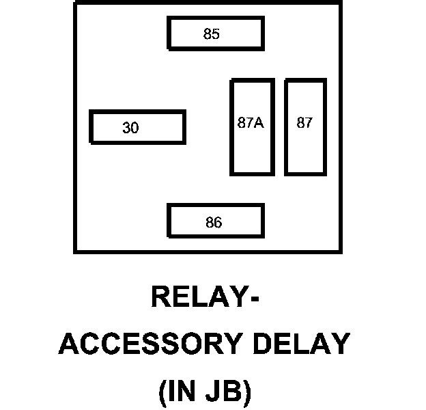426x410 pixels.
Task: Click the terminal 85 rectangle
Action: [x=216, y=33]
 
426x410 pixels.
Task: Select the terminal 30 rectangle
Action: [x=137, y=127]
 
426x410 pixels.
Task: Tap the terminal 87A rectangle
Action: [x=252, y=127]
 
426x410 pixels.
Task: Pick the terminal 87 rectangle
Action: [x=305, y=127]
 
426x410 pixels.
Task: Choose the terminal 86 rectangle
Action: [x=216, y=221]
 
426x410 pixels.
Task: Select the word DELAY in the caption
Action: [x=296, y=344]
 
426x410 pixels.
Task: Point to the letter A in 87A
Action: [x=259, y=123]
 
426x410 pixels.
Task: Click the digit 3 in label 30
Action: [x=126, y=128]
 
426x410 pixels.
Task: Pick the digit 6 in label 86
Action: [x=218, y=222]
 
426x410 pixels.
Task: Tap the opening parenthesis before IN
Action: [x=162, y=392]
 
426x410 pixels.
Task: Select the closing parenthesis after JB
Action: [x=248, y=392]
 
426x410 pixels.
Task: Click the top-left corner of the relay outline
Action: [x=75, y=2]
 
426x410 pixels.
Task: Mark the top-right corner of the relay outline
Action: [x=339, y=2]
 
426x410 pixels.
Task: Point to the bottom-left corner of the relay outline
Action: [x=75, y=251]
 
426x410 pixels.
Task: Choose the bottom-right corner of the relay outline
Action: [x=339, y=251]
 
